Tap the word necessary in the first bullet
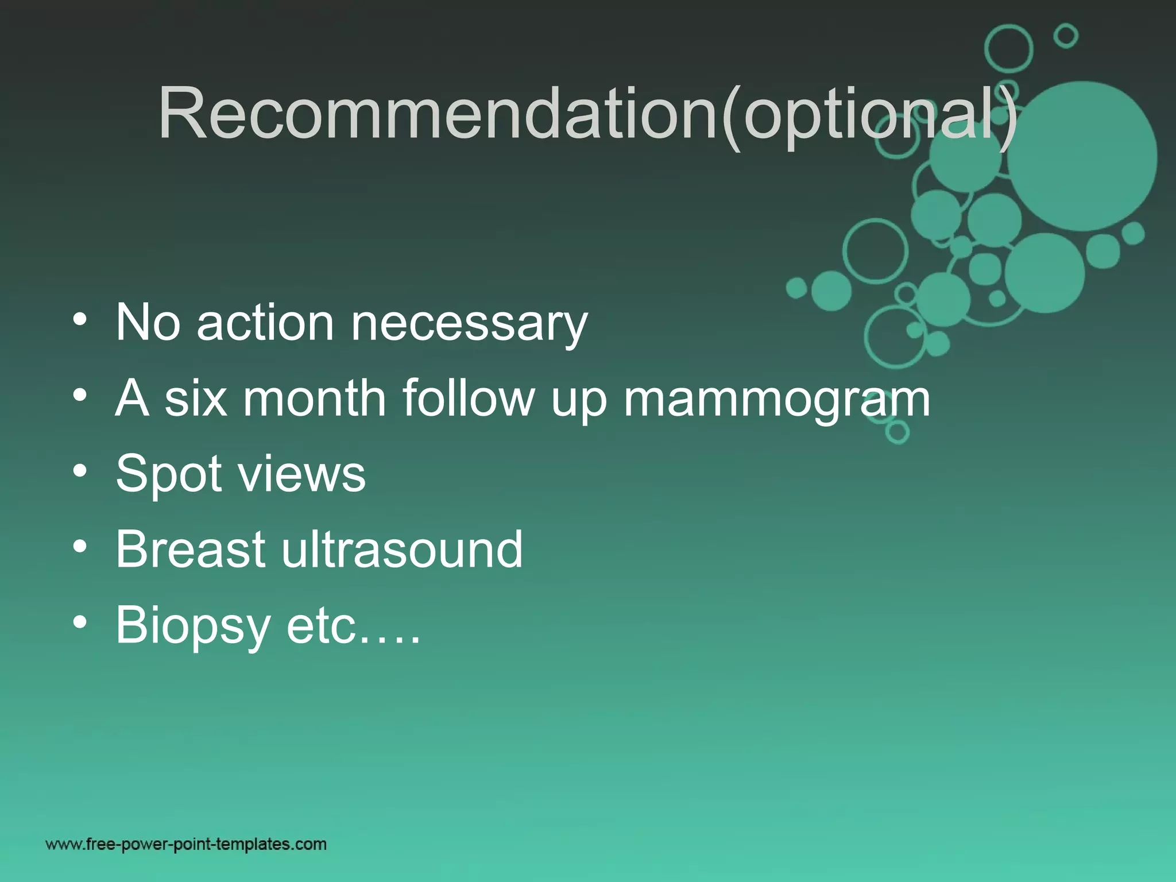tap(469, 323)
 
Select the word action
tap(265, 323)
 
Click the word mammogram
tap(776, 399)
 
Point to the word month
tap(314, 398)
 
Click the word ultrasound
tap(402, 550)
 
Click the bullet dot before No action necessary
tap(80, 319)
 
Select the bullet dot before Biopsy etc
tap(80, 622)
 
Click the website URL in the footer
tap(186, 844)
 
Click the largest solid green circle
tap(1082, 156)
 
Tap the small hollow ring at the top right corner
tap(1066, 36)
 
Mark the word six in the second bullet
tap(196, 398)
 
